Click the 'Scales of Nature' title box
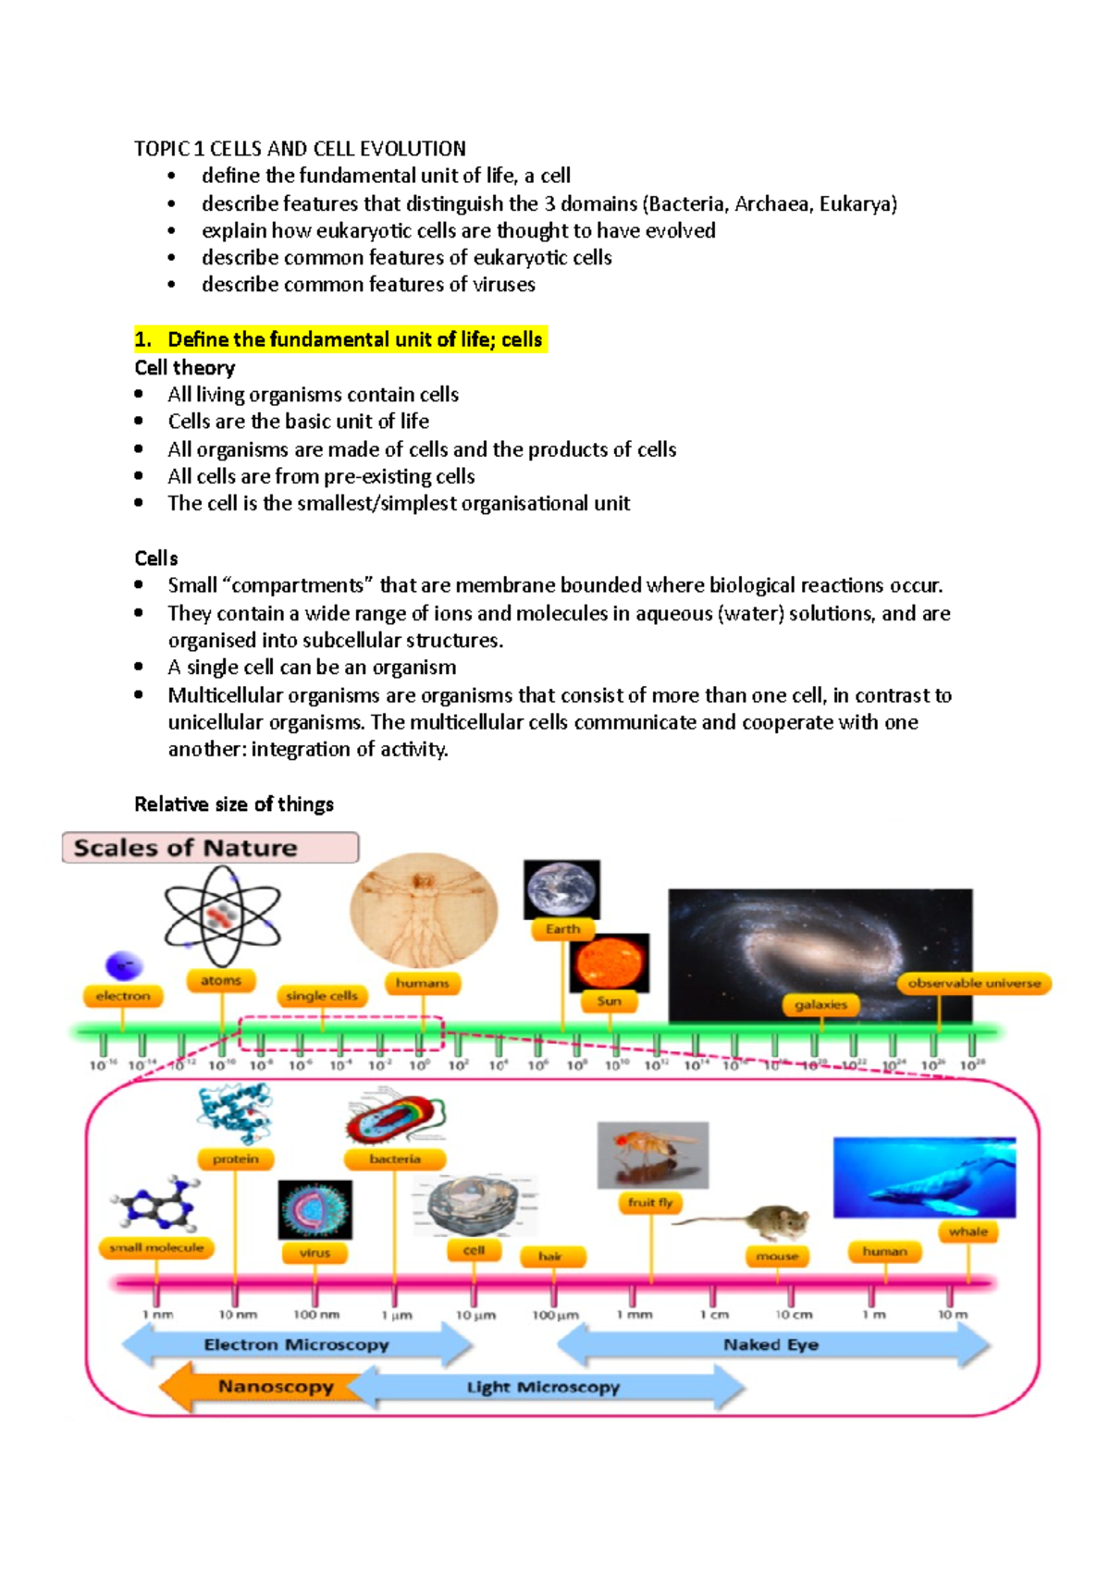[210, 847]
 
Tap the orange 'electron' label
[122, 996]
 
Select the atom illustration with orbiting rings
[222, 916]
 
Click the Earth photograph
[561, 889]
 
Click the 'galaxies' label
[820, 1004]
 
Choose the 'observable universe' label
[973, 983]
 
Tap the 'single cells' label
[321, 996]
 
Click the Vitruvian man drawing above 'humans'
[424, 910]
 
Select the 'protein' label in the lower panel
[235, 1159]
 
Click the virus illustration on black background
[315, 1209]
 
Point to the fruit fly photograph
[652, 1155]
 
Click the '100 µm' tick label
[555, 1315]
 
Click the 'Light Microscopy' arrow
[544, 1387]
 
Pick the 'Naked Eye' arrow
[771, 1344]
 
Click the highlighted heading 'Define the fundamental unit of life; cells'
[341, 339]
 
